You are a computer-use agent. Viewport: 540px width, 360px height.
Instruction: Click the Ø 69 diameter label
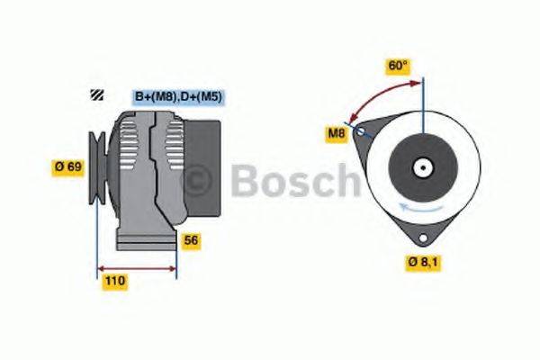[69, 166]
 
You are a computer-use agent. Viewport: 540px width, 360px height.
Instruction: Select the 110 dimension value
[114, 282]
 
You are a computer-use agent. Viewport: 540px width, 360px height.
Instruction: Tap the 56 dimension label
[191, 240]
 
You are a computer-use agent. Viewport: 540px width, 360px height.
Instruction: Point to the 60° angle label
[397, 66]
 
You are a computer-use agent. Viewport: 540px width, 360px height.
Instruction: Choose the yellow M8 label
[336, 134]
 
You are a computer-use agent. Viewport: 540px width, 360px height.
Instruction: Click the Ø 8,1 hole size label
[422, 262]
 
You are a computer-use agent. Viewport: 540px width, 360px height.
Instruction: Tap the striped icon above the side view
[96, 94]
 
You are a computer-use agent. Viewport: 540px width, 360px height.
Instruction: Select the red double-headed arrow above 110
[137, 267]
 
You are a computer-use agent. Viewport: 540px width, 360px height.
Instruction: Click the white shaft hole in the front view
[421, 167]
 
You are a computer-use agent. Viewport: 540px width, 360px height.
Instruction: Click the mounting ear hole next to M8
[362, 131]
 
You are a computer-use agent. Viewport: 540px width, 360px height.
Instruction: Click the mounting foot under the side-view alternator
[144, 241]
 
